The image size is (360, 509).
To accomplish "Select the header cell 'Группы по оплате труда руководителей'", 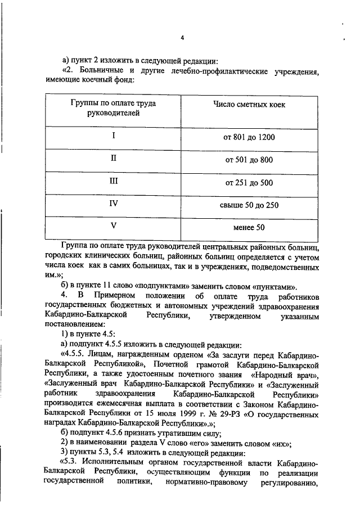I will [x=113, y=109].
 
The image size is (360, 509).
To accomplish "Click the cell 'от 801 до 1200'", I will [x=249, y=137].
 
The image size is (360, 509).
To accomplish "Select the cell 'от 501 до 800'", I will [x=249, y=160].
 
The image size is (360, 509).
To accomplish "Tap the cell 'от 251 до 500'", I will [x=249, y=182].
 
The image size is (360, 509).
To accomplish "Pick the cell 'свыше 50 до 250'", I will [x=249, y=205].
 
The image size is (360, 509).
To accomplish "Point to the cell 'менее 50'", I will [x=249, y=228].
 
